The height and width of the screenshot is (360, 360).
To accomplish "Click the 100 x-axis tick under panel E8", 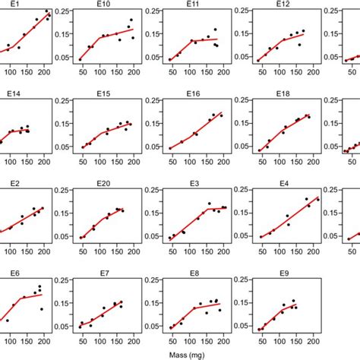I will pos(189,339).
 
